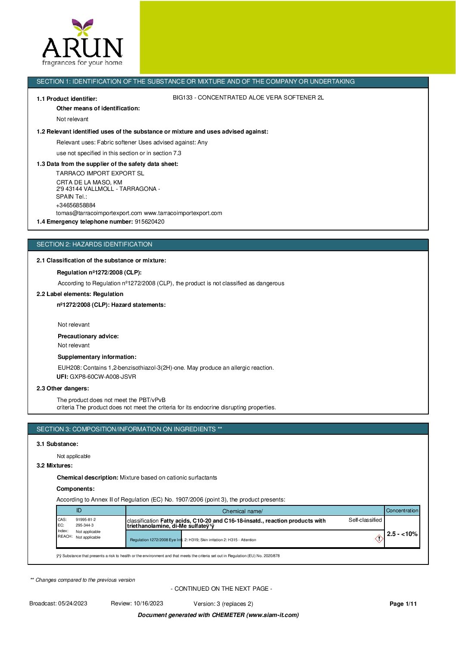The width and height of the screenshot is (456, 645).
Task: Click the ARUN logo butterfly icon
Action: tap(82, 26)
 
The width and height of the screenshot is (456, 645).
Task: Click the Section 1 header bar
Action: tap(228, 82)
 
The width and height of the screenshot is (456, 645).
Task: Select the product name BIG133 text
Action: tap(248, 98)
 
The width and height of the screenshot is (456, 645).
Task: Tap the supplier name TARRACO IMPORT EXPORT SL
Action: tap(100, 173)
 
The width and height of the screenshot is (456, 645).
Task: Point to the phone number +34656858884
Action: tap(76, 206)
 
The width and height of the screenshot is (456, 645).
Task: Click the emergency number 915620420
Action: tap(150, 222)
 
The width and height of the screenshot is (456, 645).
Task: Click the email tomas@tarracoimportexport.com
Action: tap(99, 213)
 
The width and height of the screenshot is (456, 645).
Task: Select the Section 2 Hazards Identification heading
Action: tap(94, 245)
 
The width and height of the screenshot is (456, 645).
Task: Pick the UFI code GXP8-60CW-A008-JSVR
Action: tap(103, 377)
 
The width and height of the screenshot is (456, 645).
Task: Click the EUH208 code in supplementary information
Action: tap(69, 368)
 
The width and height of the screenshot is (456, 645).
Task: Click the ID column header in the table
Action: tap(79, 511)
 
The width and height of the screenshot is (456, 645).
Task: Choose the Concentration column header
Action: tap(402, 511)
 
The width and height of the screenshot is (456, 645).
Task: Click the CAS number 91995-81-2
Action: tap(86, 520)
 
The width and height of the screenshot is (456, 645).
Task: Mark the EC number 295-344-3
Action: tap(84, 525)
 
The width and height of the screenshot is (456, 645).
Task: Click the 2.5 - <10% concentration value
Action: tap(402, 534)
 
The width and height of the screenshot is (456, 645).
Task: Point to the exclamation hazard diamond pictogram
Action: tap(379, 539)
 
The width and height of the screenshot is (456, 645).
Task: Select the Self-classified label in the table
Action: tap(365, 520)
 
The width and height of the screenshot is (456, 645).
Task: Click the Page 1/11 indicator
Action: tap(403, 604)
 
